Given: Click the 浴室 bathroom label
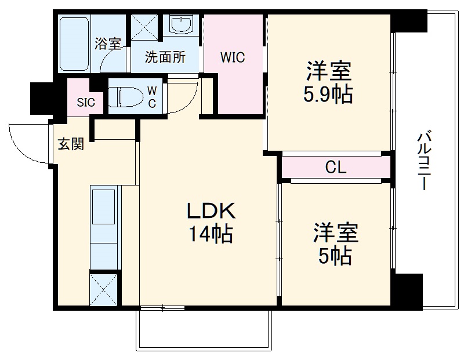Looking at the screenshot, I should click(108, 43).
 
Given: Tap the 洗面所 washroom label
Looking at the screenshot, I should click(165, 57).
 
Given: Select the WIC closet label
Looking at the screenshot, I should click(233, 57).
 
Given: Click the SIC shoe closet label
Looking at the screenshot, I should click(85, 104).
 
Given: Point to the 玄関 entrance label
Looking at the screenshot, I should click(70, 144).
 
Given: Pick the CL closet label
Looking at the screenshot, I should click(335, 168).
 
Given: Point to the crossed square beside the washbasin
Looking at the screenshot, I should click(146, 26).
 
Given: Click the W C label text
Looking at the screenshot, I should click(151, 96).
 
